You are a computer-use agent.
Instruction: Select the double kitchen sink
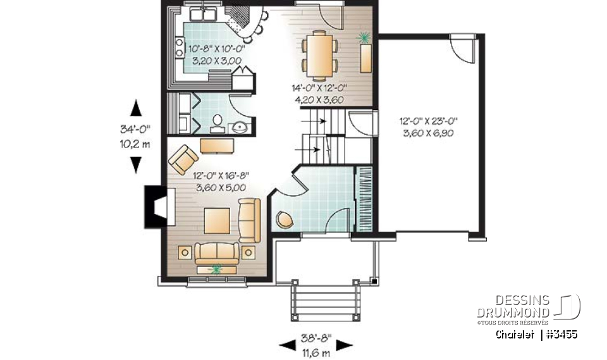click(x=202, y=14)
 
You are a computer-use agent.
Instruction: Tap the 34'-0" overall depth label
click(x=135, y=128)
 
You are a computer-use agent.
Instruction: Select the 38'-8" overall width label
click(x=316, y=338)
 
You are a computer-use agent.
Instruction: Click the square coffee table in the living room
click(x=217, y=220)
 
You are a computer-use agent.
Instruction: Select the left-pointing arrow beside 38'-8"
click(x=288, y=345)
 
